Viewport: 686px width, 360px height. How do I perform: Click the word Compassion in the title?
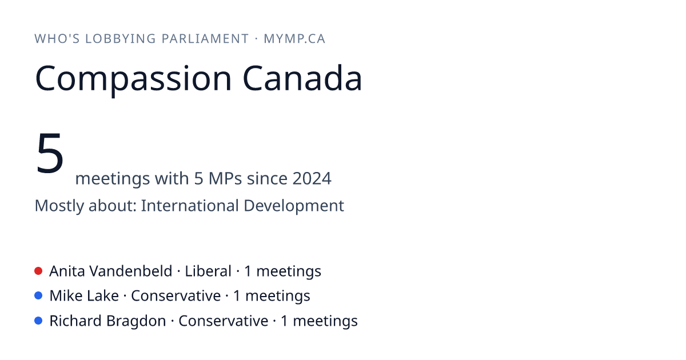[x=133, y=79]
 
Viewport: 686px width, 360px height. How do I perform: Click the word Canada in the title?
[x=302, y=78]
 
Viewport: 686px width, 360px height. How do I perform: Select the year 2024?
[x=312, y=178]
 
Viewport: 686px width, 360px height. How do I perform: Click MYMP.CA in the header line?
[x=294, y=39]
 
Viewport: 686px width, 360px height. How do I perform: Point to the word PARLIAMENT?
[x=205, y=39]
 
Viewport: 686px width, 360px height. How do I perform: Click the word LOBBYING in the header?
[x=121, y=39]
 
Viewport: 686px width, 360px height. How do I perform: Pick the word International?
[x=190, y=205]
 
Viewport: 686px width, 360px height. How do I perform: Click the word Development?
[x=294, y=206]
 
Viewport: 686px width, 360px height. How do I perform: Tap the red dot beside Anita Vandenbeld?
[x=38, y=271]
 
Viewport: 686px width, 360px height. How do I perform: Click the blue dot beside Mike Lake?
[x=38, y=296]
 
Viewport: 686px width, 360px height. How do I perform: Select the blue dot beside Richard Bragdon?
[x=38, y=321]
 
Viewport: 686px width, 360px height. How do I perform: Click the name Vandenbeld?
[x=131, y=271]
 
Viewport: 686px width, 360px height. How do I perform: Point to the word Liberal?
[x=208, y=271]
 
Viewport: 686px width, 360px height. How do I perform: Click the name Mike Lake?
[x=84, y=296]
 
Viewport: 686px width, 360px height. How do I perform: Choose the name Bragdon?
[x=136, y=321]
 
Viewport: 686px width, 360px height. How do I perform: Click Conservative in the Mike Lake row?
[x=176, y=296]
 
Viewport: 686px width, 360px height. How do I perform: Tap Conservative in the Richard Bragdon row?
[x=224, y=321]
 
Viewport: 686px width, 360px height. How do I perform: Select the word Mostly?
[x=59, y=206]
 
